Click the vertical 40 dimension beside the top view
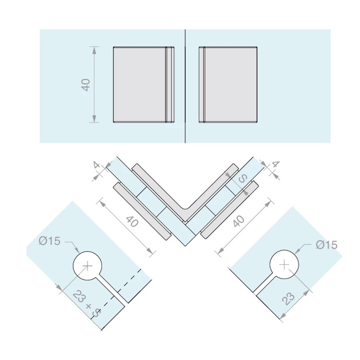click(x=86, y=85)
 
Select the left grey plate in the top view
click(x=144, y=84)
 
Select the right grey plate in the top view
click(x=228, y=84)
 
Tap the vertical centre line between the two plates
click(x=185, y=86)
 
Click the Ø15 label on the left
click(x=49, y=241)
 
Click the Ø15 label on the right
click(x=326, y=245)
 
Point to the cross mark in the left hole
click(x=87, y=266)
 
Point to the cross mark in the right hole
click(x=284, y=265)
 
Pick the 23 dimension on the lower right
click(x=288, y=298)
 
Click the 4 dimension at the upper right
click(x=276, y=164)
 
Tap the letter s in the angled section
click(x=243, y=178)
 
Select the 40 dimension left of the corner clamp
click(x=132, y=222)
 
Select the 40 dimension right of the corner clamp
click(x=238, y=221)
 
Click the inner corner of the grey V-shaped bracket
click(x=186, y=208)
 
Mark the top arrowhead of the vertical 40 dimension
click(x=94, y=50)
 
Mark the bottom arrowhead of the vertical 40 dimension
click(x=94, y=119)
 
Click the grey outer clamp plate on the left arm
click(x=142, y=211)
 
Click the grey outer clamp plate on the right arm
click(x=229, y=209)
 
